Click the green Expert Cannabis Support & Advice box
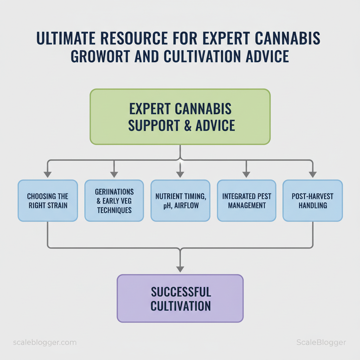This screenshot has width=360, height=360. (x=180, y=117)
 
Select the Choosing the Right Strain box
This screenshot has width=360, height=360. (x=48, y=200)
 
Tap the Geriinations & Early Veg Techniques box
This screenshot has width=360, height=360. (x=114, y=200)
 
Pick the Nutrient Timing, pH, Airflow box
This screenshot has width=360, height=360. (x=180, y=200)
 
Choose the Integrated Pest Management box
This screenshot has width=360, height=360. (x=246, y=200)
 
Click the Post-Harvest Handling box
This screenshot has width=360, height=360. (x=313, y=200)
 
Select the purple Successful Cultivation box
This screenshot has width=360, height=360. (x=180, y=298)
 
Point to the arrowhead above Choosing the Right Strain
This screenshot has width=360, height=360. (x=48, y=174)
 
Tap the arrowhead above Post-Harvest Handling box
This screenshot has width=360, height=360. (x=313, y=174)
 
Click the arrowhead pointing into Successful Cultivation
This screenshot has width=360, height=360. (x=180, y=269)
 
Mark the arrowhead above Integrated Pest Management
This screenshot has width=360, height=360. (x=246, y=174)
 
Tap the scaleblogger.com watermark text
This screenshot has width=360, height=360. (x=44, y=342)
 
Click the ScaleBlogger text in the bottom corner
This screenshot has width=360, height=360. (x=321, y=342)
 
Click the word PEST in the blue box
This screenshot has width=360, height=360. (x=263, y=197)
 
